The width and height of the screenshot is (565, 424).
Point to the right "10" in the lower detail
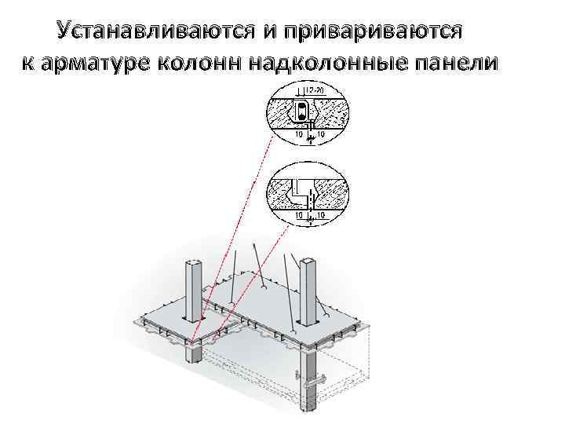[x=320, y=214]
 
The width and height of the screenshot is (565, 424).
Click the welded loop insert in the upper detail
[x=302, y=112]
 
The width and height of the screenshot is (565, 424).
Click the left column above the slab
[x=194, y=291]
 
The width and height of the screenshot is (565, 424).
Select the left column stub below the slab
[x=192, y=354]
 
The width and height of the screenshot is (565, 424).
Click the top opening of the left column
[x=194, y=261]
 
